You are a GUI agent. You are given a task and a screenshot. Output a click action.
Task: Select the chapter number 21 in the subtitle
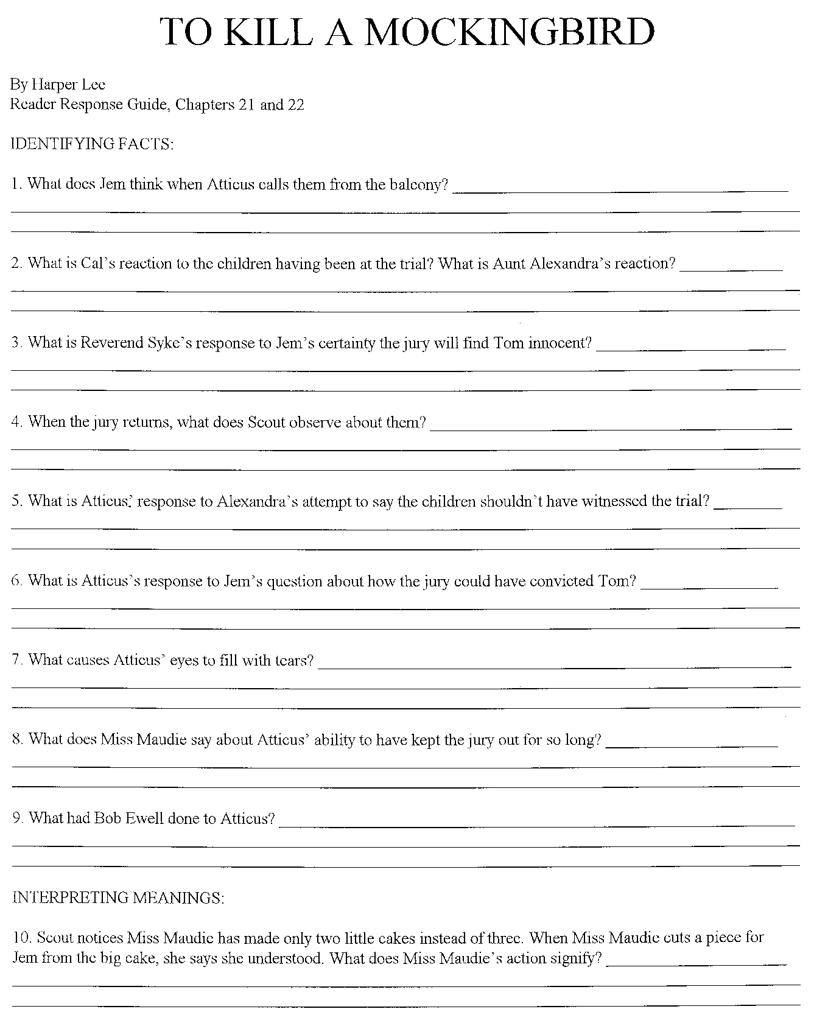pos(245,105)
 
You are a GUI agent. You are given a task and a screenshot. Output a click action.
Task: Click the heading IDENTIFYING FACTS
pos(92,144)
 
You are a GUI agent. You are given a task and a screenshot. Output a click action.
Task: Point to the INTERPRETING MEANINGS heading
pos(118,898)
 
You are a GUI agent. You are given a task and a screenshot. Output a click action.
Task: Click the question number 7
pos(16,660)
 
